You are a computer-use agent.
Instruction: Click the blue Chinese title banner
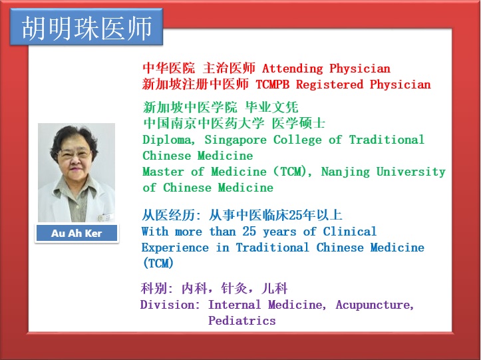pyautogui.click(x=86, y=27)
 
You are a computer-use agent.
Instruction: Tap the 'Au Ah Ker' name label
pyautogui.click(x=77, y=234)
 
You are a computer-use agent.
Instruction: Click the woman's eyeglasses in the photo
pyautogui.click(x=75, y=154)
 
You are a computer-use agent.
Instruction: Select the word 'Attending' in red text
pyautogui.click(x=292, y=69)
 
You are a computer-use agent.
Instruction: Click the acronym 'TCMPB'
pyautogui.click(x=272, y=85)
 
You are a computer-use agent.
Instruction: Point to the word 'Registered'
pyautogui.click(x=329, y=85)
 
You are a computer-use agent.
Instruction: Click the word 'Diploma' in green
pyautogui.click(x=168, y=140)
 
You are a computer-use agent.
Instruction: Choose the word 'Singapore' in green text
pyautogui.click(x=236, y=140)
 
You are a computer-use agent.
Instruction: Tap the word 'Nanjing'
pyautogui.click(x=345, y=172)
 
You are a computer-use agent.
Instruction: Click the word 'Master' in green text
pyautogui.click(x=163, y=172)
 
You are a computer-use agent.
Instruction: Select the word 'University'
pyautogui.click(x=410, y=172)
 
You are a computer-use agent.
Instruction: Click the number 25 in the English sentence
pyautogui.click(x=249, y=231)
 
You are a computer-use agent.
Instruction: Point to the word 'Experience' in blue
pyautogui.click(x=175, y=248)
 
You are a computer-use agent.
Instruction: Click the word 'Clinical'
pyautogui.click(x=350, y=231)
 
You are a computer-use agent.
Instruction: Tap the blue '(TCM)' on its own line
pyautogui.click(x=158, y=264)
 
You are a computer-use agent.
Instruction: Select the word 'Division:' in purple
pyautogui.click(x=170, y=305)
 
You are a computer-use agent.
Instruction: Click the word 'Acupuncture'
pyautogui.click(x=375, y=305)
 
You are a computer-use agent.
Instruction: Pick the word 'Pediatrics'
pyautogui.click(x=242, y=321)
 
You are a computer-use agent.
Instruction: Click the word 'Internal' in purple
pyautogui.click(x=235, y=305)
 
